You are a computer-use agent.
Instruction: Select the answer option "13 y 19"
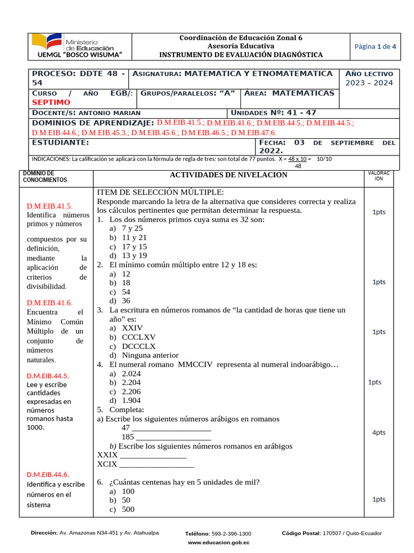coord(134,255)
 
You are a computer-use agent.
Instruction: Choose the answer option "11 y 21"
coord(134,237)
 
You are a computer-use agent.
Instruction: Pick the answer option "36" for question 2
coord(126,301)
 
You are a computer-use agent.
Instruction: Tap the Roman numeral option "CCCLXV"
coord(139,337)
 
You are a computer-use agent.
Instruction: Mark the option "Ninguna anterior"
coord(150,355)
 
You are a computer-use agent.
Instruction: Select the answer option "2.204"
coord(131,382)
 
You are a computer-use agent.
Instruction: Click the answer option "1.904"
coord(131,400)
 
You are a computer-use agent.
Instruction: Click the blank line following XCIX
coord(156,464)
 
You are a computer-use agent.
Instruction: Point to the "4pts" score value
coord(378,433)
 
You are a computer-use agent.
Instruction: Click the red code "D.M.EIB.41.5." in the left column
coord(50,206)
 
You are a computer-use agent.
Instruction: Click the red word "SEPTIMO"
coord(51,102)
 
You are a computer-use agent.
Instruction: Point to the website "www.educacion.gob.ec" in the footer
coord(218,542)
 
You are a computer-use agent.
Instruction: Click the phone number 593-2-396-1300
coord(231,533)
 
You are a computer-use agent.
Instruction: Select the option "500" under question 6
coord(128,509)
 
